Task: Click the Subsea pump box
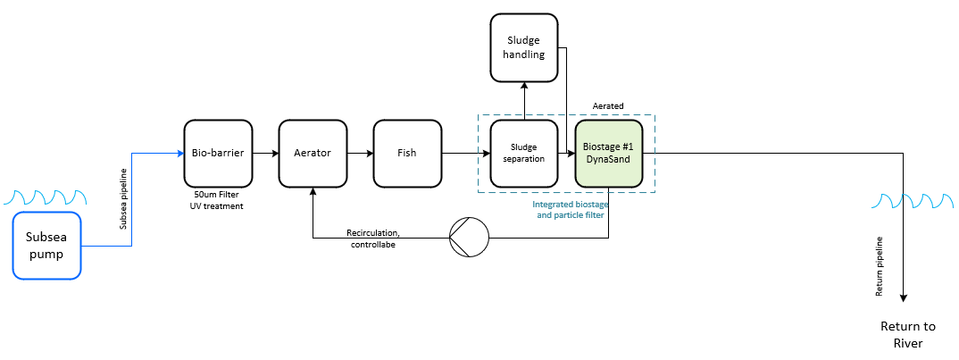(x=47, y=246)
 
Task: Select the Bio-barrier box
(x=219, y=153)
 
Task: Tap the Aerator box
(x=313, y=153)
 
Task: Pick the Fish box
(x=407, y=153)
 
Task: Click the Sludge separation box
(x=524, y=153)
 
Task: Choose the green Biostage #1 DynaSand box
(x=609, y=153)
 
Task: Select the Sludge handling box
(x=524, y=47)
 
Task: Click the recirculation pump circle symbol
(x=470, y=237)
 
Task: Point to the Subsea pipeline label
(x=123, y=199)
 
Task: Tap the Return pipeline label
(x=879, y=266)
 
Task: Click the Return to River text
(x=903, y=335)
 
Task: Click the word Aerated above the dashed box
(x=608, y=106)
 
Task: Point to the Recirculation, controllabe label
(x=373, y=239)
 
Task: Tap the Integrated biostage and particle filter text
(x=570, y=209)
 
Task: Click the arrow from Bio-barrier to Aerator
(x=265, y=153)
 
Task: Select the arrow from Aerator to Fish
(x=360, y=153)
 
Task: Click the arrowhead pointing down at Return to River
(x=903, y=298)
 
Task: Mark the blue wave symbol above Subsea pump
(x=46, y=197)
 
